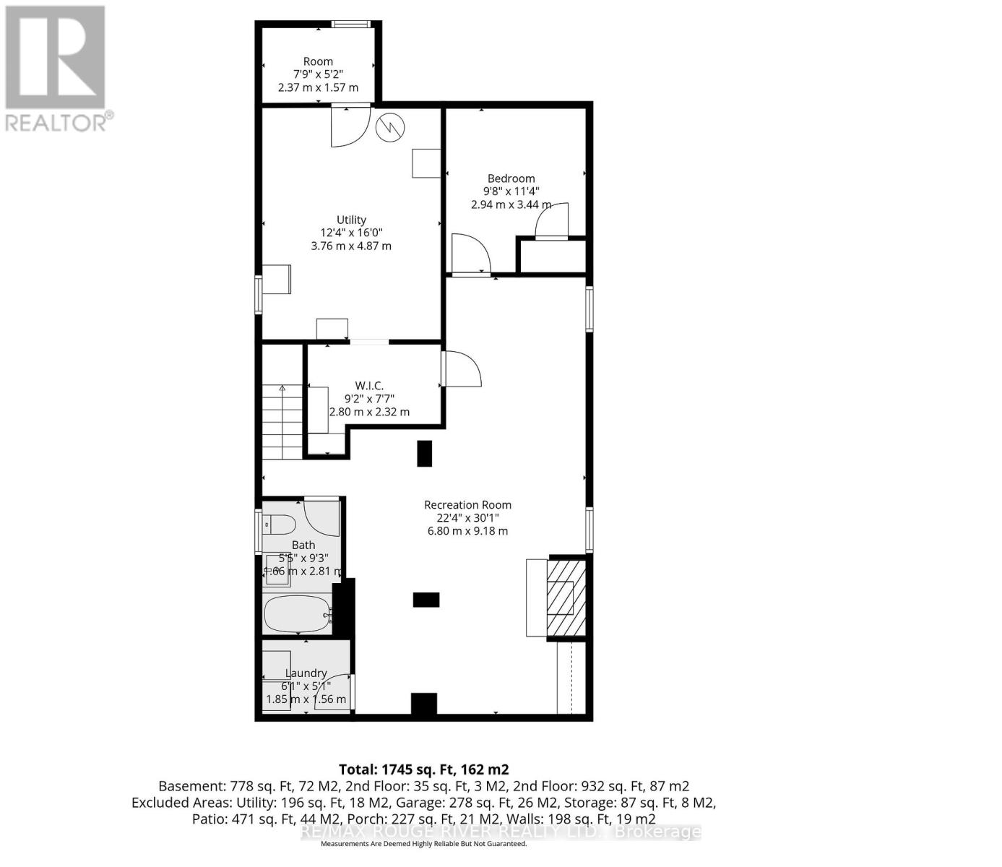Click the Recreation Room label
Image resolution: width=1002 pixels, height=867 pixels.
(x=467, y=505)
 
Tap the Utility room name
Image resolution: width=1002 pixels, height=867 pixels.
(x=351, y=220)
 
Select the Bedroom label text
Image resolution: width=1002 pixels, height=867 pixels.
(x=511, y=178)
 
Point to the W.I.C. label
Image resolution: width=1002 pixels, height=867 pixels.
(x=368, y=386)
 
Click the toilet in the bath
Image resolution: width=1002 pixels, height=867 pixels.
(x=279, y=524)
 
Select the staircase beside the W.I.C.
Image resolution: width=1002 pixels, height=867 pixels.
(x=282, y=422)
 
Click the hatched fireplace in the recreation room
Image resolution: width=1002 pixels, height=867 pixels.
(x=560, y=597)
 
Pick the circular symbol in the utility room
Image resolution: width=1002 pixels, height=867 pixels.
(x=390, y=128)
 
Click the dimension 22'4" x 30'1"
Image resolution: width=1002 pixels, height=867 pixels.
(x=467, y=518)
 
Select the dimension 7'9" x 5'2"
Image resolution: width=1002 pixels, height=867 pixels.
(x=318, y=74)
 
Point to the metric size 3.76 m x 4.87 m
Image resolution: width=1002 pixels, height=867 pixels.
(x=351, y=246)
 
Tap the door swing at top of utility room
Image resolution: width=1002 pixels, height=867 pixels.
(x=350, y=128)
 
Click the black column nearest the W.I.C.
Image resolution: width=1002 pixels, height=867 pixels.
(x=425, y=453)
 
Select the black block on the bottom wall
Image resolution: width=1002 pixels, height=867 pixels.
(x=424, y=704)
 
